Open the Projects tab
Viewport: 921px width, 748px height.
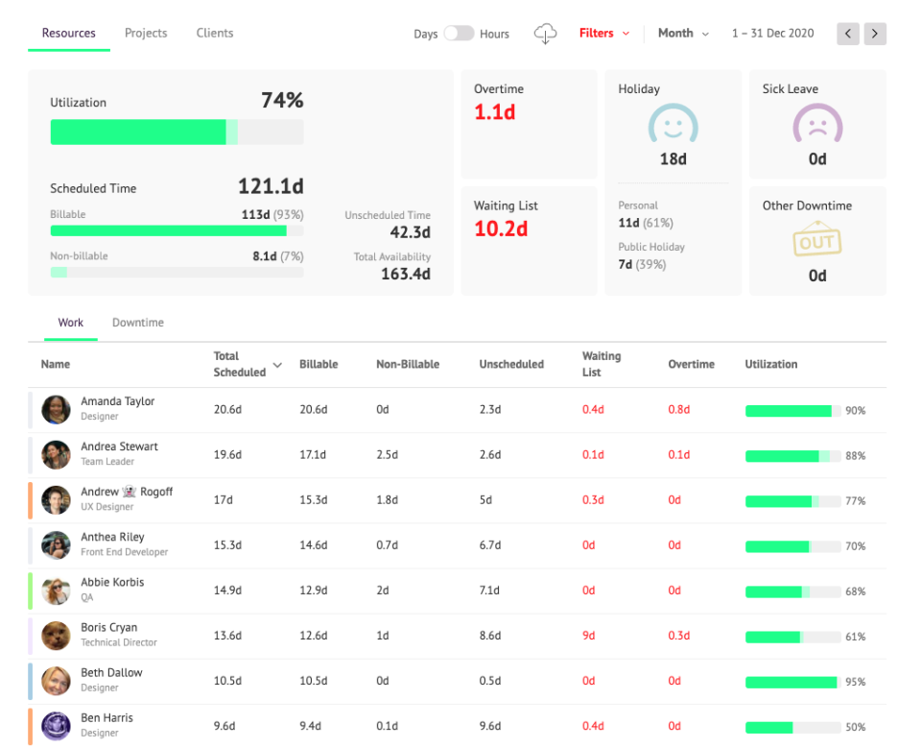146,33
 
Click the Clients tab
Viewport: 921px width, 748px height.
215,33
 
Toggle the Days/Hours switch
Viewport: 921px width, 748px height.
459,34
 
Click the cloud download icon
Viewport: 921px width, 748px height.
545,34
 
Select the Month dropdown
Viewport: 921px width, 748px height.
683,34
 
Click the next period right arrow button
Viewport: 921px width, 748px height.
875,34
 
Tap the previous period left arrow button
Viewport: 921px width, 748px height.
848,34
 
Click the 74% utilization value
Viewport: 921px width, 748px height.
282,101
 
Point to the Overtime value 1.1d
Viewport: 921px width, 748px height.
495,112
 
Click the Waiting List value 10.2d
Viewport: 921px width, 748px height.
501,229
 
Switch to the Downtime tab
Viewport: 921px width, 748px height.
138,323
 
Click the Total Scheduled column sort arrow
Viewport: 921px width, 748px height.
278,365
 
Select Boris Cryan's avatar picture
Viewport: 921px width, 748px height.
56,636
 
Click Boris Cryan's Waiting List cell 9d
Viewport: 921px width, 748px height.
588,636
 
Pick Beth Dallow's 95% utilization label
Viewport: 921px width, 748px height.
856,682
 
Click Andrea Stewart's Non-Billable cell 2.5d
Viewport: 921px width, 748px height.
386,455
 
